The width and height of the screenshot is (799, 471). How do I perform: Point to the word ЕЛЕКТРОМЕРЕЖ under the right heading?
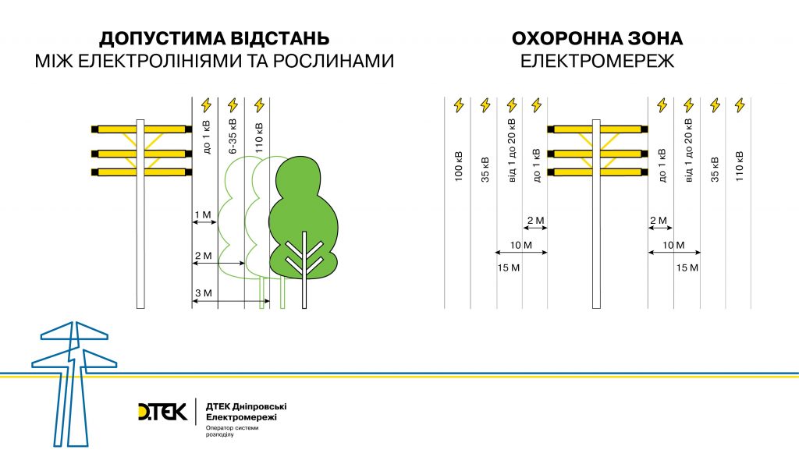click(597, 61)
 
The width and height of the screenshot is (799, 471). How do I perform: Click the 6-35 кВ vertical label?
click(233, 136)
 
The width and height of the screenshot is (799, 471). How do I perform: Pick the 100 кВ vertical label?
click(459, 166)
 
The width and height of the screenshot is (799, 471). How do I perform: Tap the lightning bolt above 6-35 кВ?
click(233, 105)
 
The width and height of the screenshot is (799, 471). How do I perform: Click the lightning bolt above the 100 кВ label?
click(459, 105)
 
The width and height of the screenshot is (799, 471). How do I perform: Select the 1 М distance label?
click(203, 215)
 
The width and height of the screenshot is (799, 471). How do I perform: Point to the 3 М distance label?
click(204, 292)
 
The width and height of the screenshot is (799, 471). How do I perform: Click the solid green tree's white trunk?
click(304, 270)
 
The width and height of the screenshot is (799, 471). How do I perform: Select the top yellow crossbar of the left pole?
click(142, 129)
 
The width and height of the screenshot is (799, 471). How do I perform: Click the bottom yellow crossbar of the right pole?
click(598, 172)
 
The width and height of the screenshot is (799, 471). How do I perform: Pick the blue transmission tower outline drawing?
click(74, 384)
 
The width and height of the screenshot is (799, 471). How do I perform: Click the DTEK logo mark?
click(163, 412)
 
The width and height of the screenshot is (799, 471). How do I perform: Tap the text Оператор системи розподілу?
click(232, 431)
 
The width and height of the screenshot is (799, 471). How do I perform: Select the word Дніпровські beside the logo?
click(259, 407)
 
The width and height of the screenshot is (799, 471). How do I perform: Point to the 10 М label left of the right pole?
click(520, 246)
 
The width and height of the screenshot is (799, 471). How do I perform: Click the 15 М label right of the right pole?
click(687, 267)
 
